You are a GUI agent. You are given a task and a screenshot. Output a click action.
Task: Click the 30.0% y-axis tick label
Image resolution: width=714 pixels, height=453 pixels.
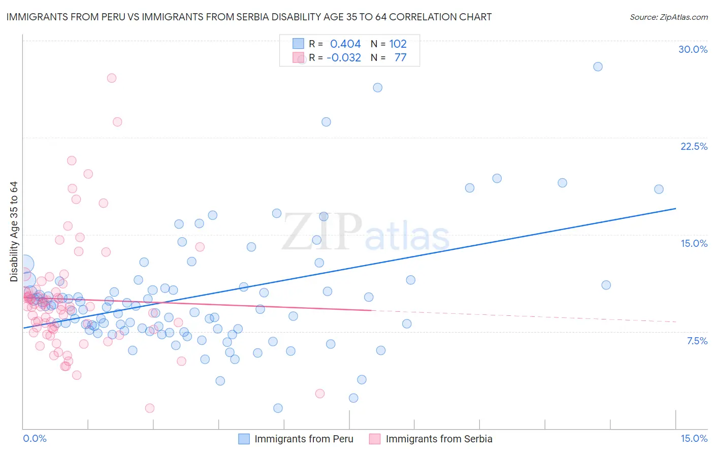tap(693, 49)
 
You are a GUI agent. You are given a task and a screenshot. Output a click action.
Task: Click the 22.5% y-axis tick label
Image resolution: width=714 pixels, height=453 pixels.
tap(694, 146)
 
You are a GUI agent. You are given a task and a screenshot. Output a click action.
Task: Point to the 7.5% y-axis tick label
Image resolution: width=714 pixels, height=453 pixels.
tap(697, 341)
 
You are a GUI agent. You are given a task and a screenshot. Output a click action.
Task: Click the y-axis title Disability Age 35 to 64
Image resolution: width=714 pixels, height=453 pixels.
tap(14, 232)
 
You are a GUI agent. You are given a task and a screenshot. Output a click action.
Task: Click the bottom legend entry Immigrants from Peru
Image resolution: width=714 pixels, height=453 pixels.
tap(303, 439)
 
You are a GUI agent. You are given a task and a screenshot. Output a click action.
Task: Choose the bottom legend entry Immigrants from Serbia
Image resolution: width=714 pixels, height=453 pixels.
tap(439, 439)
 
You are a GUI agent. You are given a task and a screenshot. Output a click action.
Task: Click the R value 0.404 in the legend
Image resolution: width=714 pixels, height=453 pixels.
tap(345, 44)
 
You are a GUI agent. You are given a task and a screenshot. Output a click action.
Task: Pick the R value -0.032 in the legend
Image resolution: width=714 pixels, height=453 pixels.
tap(344, 58)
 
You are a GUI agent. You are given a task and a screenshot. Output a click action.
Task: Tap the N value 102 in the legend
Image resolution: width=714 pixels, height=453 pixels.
tap(398, 44)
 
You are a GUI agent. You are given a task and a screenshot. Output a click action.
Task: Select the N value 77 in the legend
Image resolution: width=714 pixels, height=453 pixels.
tap(400, 58)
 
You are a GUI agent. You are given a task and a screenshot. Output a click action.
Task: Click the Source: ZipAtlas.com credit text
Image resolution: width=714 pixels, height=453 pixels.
tap(668, 17)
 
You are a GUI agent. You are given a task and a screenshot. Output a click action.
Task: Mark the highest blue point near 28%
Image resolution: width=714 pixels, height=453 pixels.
tap(598, 67)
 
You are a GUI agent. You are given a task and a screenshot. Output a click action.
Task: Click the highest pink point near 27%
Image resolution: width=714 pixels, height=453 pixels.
tap(112, 78)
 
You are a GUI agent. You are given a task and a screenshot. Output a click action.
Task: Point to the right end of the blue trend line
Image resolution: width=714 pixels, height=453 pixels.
tap(675, 208)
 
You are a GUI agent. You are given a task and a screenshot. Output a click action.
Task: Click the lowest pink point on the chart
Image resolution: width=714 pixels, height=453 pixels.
tap(149, 408)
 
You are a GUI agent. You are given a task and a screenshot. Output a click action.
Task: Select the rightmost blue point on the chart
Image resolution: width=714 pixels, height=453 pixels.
tap(659, 189)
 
